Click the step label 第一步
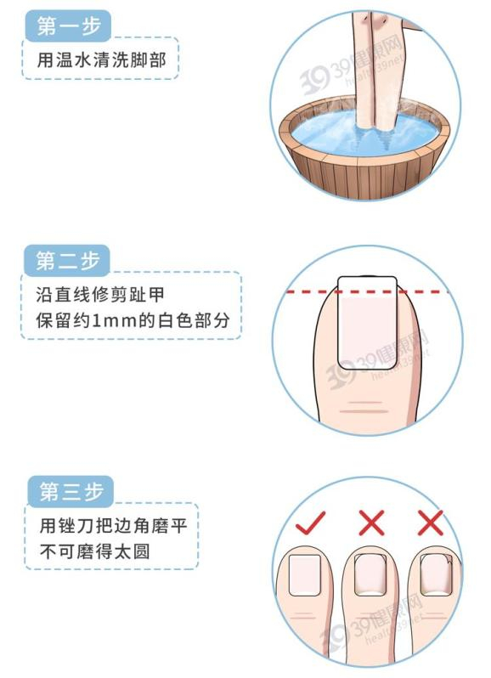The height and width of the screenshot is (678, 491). (69, 26)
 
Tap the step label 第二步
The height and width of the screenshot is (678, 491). (68, 261)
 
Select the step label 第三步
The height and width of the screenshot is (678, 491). (71, 492)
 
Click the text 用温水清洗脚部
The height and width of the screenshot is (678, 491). (101, 59)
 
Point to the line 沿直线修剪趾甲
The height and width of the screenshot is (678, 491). (100, 295)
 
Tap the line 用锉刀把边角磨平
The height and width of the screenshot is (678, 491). (113, 526)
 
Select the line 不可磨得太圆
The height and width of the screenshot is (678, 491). (94, 551)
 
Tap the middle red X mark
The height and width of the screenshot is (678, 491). (371, 523)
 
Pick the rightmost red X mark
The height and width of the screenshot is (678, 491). (430, 523)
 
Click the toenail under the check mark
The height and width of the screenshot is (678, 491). (305, 575)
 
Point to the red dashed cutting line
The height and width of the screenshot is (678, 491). (368, 292)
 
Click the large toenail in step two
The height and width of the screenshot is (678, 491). (367, 323)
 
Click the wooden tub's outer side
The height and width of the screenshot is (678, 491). (365, 175)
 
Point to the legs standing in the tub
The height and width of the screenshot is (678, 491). (377, 69)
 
